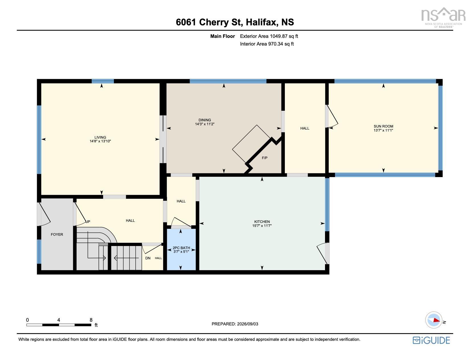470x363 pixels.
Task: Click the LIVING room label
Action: coord(100,137)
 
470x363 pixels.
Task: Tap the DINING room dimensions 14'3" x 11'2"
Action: coord(205,124)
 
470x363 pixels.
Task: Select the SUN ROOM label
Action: coord(383,126)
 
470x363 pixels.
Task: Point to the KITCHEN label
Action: coord(262,222)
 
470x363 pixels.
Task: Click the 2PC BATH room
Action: coord(181,249)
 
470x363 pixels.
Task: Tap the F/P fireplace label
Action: coord(265,158)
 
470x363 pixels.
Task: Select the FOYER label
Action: coord(57,234)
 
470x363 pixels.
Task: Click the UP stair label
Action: coord(88,222)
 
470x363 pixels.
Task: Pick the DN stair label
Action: coord(148,258)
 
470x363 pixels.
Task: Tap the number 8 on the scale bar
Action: coord(91,320)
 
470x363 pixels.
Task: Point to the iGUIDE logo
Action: coord(431,340)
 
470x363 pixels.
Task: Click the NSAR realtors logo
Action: coord(443,17)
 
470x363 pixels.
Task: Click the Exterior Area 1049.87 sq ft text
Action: coord(269,36)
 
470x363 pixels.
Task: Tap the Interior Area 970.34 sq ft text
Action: coord(267,44)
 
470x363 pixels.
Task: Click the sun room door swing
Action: coord(332,116)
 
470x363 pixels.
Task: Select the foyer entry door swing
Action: coord(44,214)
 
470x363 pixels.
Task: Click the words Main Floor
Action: coord(222,36)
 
